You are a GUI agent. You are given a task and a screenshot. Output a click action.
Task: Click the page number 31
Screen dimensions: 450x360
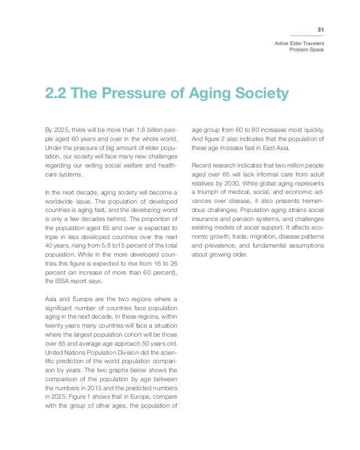320,30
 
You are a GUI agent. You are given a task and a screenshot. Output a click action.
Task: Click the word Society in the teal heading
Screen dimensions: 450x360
261,93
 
